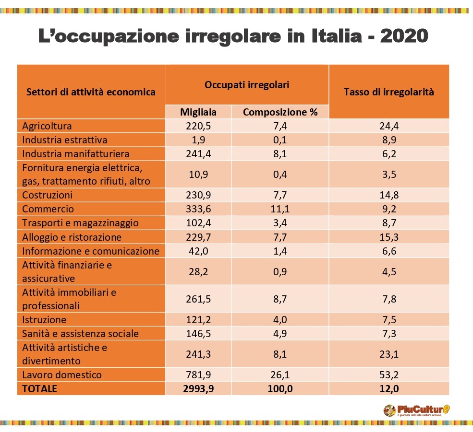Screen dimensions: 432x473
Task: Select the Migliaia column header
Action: (x=198, y=112)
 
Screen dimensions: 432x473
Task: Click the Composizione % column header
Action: (x=280, y=112)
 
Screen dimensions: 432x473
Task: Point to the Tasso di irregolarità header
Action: (x=388, y=92)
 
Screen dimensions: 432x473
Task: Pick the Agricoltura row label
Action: (x=47, y=126)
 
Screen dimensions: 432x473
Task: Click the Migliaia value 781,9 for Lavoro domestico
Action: (x=198, y=374)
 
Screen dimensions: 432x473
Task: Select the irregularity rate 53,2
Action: (x=389, y=374)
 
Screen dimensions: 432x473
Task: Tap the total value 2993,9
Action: (x=198, y=388)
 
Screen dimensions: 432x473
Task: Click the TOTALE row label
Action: (x=39, y=388)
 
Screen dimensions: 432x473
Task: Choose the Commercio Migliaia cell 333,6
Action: (x=198, y=209)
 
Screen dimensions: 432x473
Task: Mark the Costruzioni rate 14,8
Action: (x=389, y=195)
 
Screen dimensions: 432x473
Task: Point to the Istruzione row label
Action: (x=44, y=319)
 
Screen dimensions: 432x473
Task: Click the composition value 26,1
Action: (x=280, y=374)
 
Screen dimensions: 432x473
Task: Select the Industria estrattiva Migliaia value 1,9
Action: (x=198, y=140)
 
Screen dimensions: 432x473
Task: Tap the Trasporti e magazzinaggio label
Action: (x=80, y=223)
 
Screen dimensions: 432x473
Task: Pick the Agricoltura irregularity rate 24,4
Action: (x=389, y=126)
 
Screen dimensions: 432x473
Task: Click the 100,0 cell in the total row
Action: (x=280, y=388)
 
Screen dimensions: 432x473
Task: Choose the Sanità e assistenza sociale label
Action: (x=80, y=333)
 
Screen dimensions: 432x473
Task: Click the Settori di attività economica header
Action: (x=91, y=92)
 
